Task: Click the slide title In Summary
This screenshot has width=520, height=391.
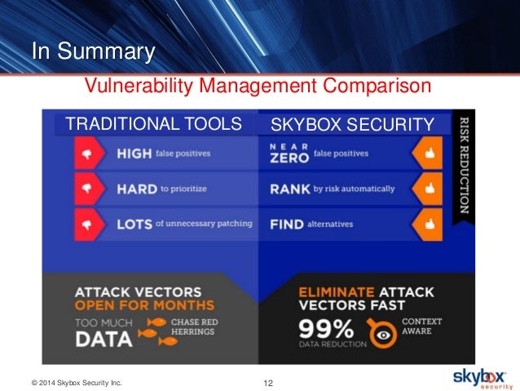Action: tap(92, 52)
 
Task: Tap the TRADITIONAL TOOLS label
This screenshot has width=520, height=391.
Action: tap(153, 124)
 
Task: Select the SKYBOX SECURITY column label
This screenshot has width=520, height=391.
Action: tap(352, 124)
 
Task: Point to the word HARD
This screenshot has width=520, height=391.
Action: tap(137, 188)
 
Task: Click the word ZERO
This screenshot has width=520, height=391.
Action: tap(289, 158)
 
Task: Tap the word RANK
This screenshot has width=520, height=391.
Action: tap(289, 189)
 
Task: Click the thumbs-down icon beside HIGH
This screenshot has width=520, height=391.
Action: tap(85, 153)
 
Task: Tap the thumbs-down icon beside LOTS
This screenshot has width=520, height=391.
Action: tap(85, 223)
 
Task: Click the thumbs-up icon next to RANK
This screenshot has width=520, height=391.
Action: tap(426, 188)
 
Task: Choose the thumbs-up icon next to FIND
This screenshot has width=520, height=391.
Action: tap(426, 223)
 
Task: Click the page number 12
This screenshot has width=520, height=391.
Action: tap(270, 381)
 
